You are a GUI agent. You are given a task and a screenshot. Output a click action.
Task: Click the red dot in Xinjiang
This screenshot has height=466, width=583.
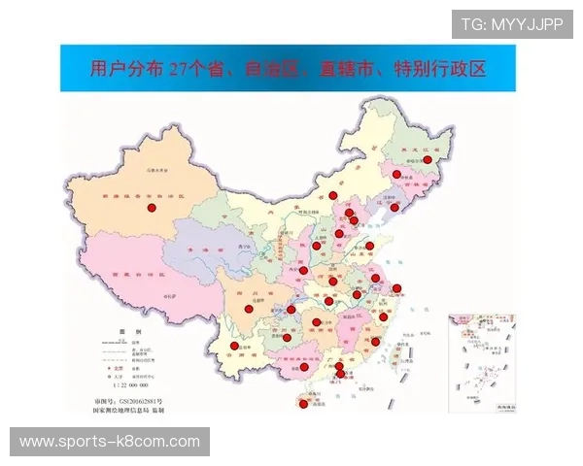[151, 208]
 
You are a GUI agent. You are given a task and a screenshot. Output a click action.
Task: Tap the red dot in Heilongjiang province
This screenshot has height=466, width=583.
[427, 160]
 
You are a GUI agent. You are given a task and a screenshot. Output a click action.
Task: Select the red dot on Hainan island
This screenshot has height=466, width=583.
[304, 404]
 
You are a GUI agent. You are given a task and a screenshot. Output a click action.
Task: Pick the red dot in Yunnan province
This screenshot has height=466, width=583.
[234, 346]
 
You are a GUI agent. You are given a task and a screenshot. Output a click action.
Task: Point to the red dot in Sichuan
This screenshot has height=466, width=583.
[248, 283]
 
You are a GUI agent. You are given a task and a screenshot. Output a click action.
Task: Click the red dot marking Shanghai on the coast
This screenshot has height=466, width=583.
[396, 288]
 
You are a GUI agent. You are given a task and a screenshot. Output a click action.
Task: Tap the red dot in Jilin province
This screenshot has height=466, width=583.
[396, 175]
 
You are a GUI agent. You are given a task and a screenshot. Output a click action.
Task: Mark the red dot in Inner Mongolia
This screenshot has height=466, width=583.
[332, 194]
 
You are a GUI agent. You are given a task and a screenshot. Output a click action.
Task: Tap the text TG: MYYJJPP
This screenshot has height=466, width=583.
[512, 24]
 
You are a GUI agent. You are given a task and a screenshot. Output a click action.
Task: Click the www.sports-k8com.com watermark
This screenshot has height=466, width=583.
[109, 443]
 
